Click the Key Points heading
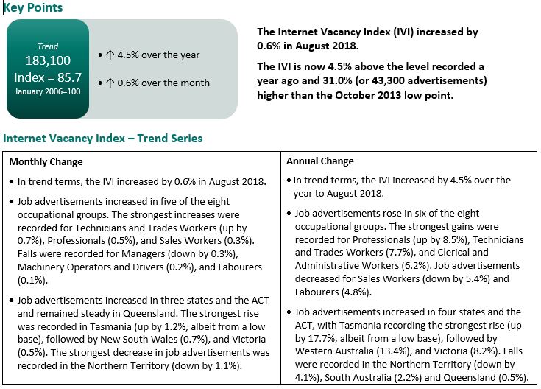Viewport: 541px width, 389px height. click(x=34, y=8)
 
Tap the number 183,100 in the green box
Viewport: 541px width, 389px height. click(x=48, y=61)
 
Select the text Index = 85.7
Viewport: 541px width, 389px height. click(x=48, y=77)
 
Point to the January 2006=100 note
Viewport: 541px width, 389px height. click(x=48, y=91)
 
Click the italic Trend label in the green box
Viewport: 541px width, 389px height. click(x=48, y=46)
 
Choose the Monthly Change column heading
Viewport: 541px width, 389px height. click(x=46, y=161)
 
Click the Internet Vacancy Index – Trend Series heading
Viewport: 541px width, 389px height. click(x=103, y=139)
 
